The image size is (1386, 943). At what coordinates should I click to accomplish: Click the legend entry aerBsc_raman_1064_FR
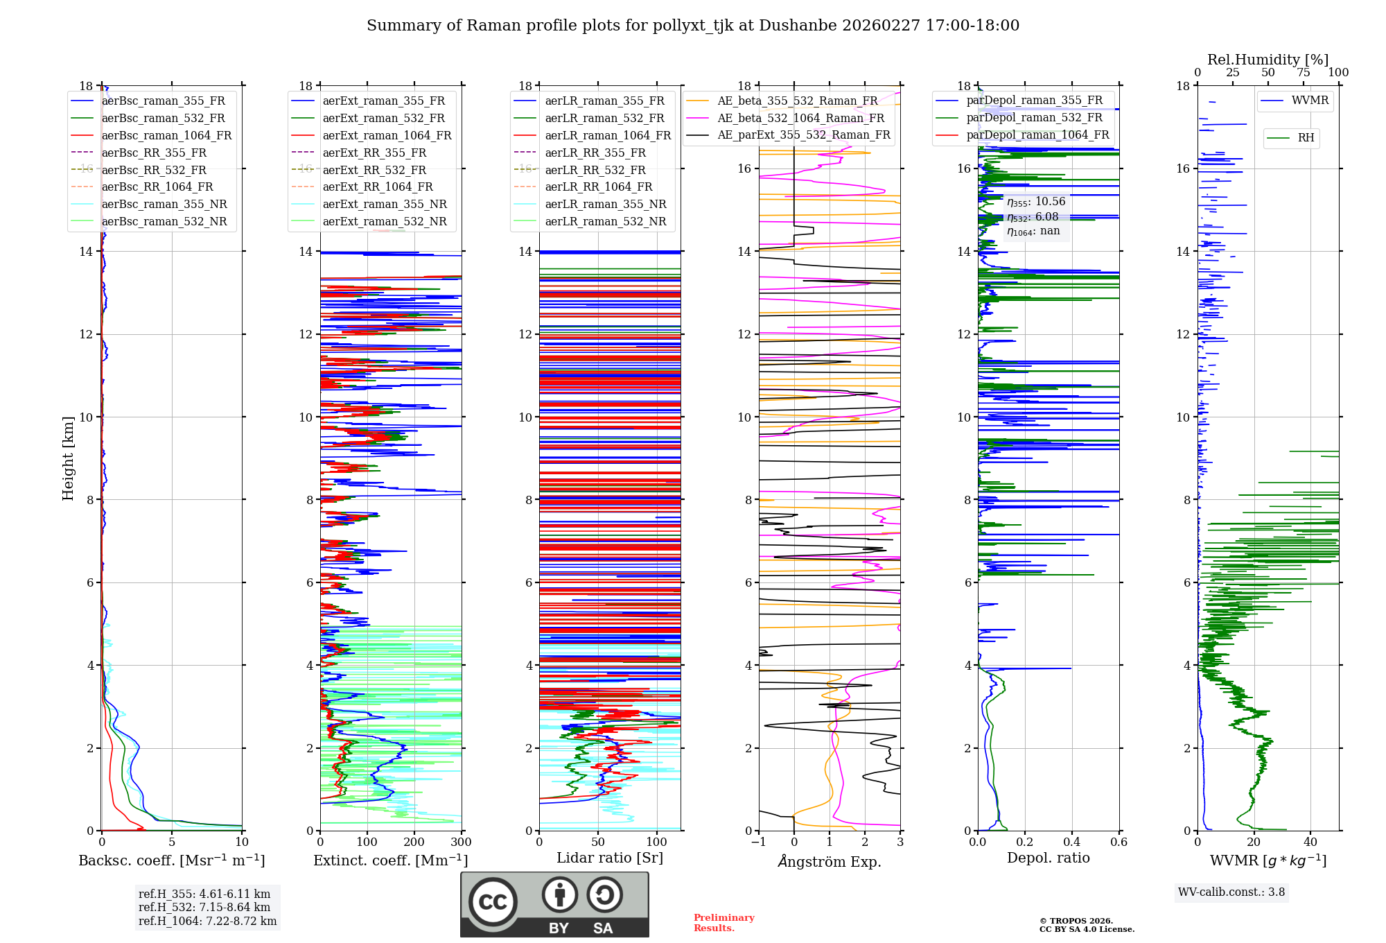(166, 136)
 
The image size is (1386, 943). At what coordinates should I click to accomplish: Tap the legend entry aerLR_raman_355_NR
(605, 205)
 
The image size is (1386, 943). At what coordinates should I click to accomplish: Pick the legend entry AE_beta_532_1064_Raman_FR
(800, 119)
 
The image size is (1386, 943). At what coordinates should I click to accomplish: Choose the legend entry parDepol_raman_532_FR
(1034, 118)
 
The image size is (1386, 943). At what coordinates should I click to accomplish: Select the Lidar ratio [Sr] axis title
(610, 858)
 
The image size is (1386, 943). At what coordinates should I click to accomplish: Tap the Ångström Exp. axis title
(830, 861)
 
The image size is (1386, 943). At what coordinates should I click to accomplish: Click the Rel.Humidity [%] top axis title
(1267, 60)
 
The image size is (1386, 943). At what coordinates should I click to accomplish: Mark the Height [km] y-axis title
(68, 458)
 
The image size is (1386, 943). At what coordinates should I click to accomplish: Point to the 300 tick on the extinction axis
(461, 842)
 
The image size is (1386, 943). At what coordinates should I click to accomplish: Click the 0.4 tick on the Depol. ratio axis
(1072, 842)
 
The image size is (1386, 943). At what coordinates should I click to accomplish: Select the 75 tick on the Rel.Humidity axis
(1303, 73)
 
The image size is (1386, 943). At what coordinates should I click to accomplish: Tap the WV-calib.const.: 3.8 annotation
(1231, 892)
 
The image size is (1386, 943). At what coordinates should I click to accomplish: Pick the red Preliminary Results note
(723, 923)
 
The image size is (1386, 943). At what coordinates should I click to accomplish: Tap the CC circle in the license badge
(493, 902)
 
